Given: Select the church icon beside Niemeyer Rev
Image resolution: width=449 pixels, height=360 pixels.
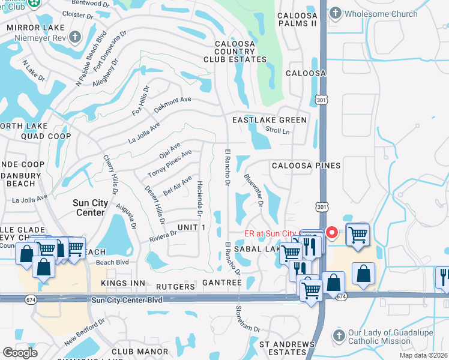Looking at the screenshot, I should click(x=75, y=37).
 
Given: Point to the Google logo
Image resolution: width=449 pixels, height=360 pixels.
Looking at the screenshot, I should click(x=20, y=353).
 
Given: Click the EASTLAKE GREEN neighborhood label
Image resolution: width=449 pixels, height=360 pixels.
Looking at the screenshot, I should click(x=270, y=120).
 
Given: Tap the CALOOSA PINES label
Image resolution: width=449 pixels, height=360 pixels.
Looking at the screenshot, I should click(x=306, y=165).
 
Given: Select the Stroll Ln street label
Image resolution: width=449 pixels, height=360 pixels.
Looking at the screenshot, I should click(x=277, y=130).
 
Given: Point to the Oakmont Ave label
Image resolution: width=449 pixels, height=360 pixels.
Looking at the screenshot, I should click(x=172, y=105).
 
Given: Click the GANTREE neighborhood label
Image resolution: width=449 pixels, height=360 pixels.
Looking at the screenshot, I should click(x=221, y=281).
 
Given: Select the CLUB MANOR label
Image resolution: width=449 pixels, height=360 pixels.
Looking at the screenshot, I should click(x=140, y=351).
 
